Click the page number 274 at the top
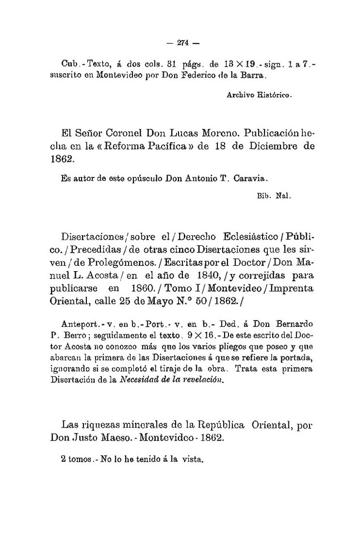181,42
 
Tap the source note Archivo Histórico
259,95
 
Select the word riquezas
103,425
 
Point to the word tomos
79,459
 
